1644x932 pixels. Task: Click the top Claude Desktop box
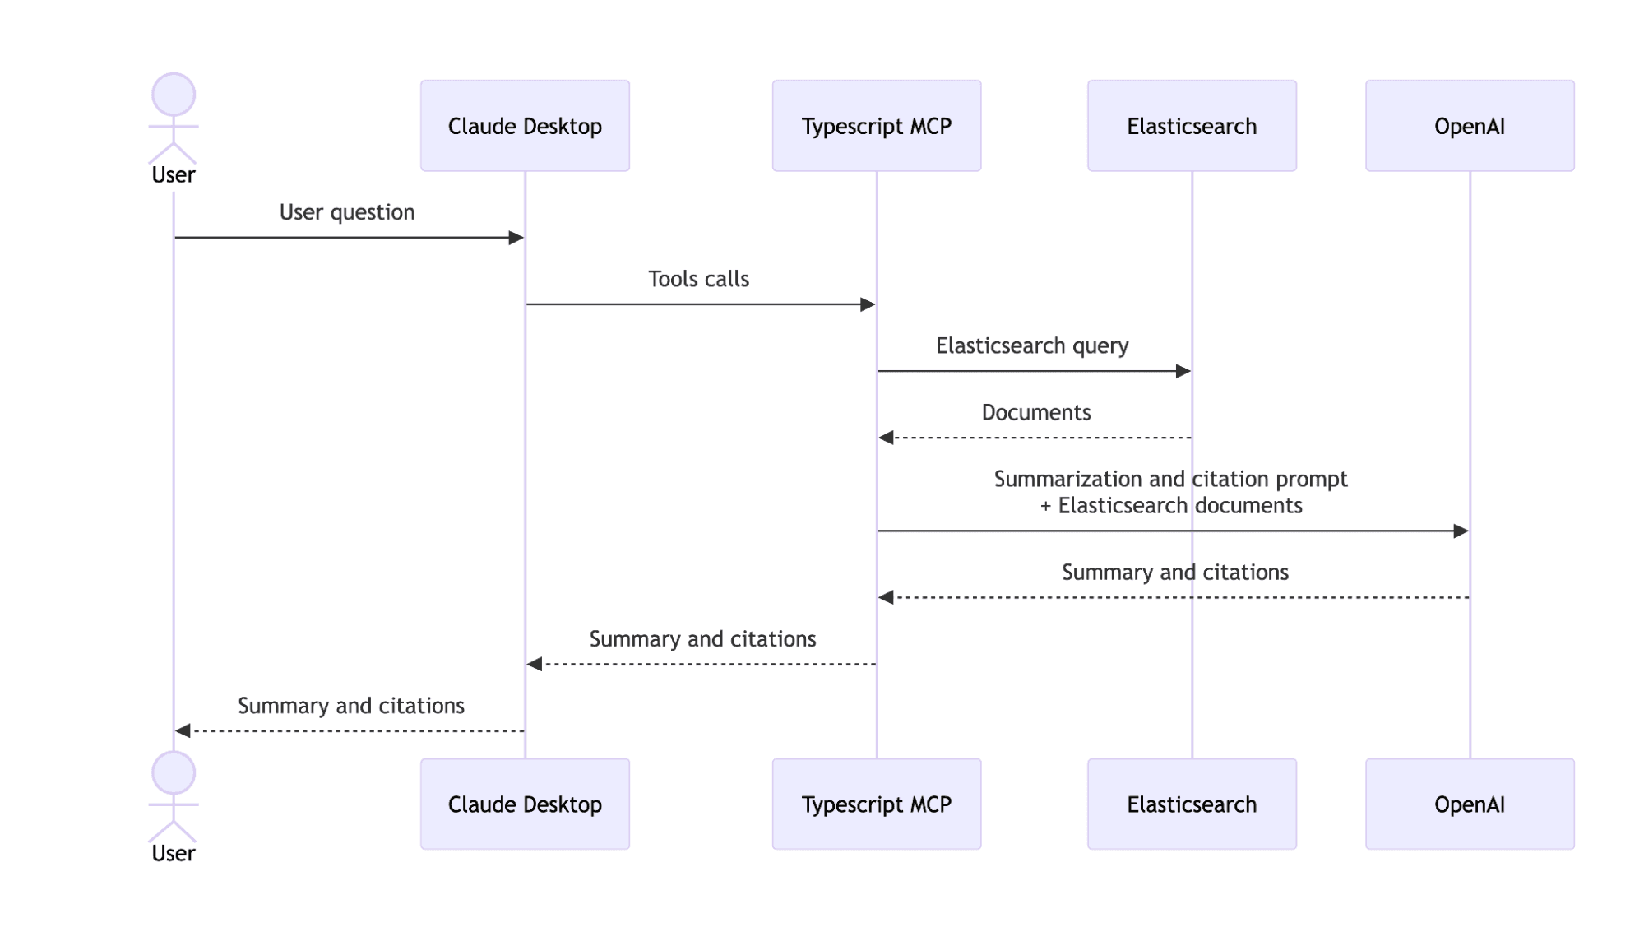(x=525, y=126)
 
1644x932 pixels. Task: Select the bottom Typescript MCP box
(x=876, y=804)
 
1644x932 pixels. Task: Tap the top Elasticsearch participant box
(x=1192, y=126)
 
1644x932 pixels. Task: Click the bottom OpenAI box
(x=1470, y=804)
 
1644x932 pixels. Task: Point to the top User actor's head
(x=174, y=94)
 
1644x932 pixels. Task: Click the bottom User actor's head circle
(x=174, y=772)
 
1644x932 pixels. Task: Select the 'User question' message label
(x=347, y=212)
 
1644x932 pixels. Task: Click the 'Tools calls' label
(x=698, y=279)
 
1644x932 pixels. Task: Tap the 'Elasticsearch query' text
(x=1032, y=345)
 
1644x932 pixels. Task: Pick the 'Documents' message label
(x=1036, y=412)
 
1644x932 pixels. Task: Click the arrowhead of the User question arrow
(x=516, y=238)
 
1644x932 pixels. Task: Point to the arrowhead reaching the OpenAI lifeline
(x=1461, y=531)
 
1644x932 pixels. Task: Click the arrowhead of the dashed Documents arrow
(x=886, y=438)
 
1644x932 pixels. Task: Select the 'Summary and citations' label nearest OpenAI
(x=1174, y=572)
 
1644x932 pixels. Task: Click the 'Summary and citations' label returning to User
(x=351, y=706)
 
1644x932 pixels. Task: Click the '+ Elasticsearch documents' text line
(x=1171, y=505)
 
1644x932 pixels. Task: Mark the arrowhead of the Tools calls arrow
(x=868, y=304)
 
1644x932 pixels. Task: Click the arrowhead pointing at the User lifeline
(x=183, y=730)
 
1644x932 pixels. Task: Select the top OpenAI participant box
(x=1470, y=126)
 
